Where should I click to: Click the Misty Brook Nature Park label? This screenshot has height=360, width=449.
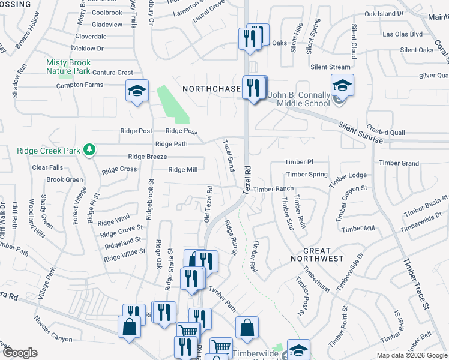[68, 67]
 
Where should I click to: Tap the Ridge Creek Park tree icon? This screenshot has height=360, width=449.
[89, 148]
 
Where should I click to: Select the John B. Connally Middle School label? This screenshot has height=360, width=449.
[298, 99]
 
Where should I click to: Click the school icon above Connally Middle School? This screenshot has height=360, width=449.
[342, 85]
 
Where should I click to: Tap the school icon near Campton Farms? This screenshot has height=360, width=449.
[137, 91]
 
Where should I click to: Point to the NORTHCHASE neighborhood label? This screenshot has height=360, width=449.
[211, 89]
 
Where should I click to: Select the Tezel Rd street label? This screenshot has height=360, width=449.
[247, 180]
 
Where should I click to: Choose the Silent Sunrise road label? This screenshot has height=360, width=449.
[360, 132]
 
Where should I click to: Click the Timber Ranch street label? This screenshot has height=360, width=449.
[273, 189]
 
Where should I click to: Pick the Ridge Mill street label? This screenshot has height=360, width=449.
[182, 170]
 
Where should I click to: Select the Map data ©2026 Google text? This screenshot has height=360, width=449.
[412, 355]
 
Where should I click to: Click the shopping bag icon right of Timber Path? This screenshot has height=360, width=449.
[247, 328]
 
